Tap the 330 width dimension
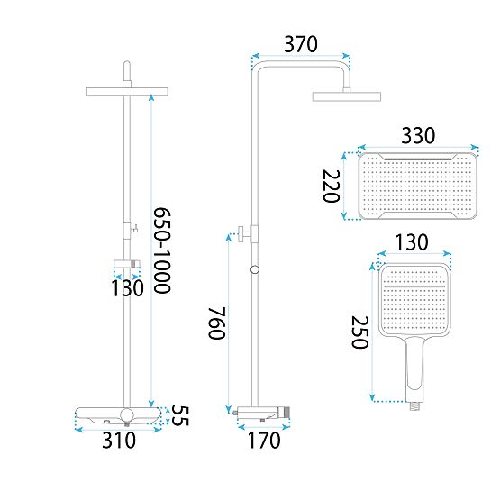(418, 135)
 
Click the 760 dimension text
(215, 322)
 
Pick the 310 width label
(117, 441)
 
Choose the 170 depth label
(262, 441)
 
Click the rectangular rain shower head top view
(418, 186)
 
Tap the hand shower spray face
(411, 303)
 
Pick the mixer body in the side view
(262, 412)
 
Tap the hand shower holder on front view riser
(127, 266)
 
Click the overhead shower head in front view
(127, 93)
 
